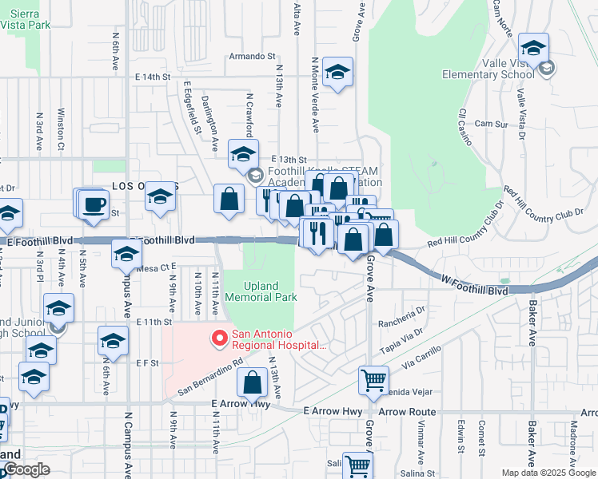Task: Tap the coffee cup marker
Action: [x=94, y=205]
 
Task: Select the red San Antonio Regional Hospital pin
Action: [x=217, y=339]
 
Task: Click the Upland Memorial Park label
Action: [x=261, y=291]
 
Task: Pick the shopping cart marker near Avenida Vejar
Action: [x=373, y=382]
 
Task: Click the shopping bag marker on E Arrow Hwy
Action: [x=253, y=383]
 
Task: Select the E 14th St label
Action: [x=153, y=77]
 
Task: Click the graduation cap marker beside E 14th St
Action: [x=337, y=73]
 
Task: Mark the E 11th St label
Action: [x=154, y=322]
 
